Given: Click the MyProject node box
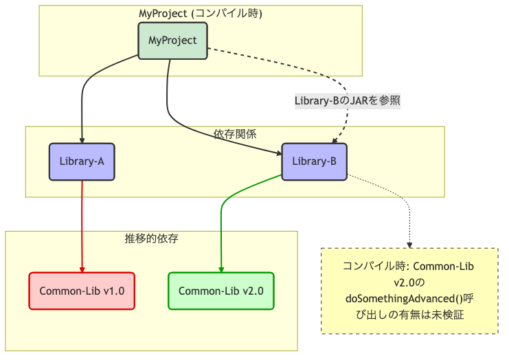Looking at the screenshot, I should click(x=172, y=41).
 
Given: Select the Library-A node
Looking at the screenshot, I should click(x=82, y=161).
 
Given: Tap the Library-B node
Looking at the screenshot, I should click(x=314, y=161).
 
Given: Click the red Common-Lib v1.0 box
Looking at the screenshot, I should click(x=82, y=291).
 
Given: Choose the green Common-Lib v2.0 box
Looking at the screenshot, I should click(x=220, y=291).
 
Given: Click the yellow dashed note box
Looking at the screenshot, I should click(x=410, y=291).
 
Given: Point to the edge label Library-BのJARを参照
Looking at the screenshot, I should click(x=347, y=100).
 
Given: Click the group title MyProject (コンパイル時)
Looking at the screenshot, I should click(x=200, y=13).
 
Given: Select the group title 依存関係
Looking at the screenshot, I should click(x=235, y=134).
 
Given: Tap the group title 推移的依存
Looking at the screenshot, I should click(x=151, y=239).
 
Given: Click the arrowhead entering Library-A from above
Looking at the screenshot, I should click(x=82, y=139).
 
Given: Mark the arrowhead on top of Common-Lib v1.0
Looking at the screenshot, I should click(x=82, y=269).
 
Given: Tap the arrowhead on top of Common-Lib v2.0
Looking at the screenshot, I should click(x=220, y=269).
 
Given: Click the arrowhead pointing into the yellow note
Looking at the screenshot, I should click(x=410, y=244).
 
